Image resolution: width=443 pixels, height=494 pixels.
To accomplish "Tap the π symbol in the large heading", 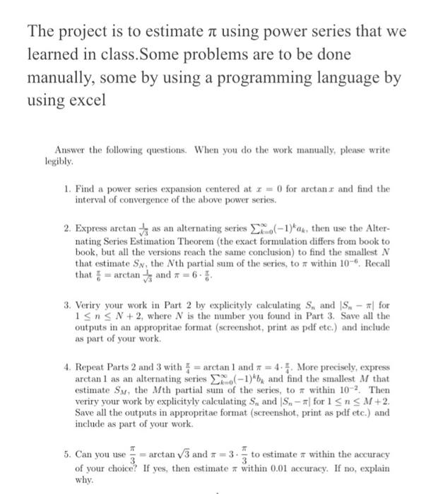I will [x=202, y=32].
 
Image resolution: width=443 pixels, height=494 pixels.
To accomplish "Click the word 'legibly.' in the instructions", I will [x=59, y=161].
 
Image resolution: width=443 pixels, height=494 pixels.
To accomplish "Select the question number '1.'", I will [x=66, y=189].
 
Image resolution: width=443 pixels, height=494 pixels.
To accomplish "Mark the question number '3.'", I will [x=66, y=306].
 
